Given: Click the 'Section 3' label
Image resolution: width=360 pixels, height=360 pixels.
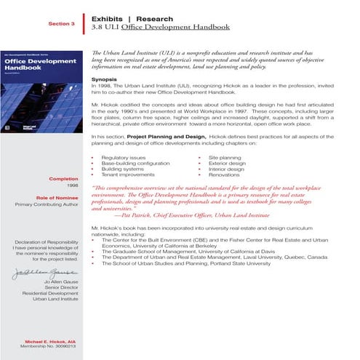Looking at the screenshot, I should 62,23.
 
